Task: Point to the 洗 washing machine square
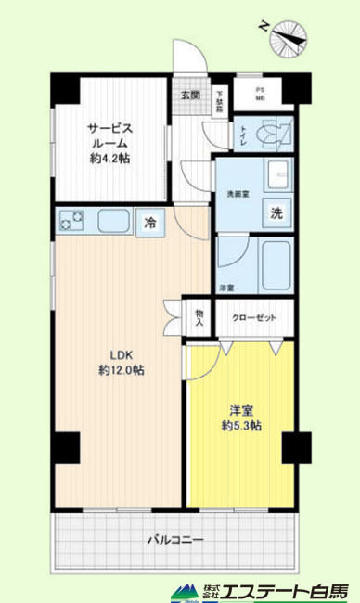pos(276,211)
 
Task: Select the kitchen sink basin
pos(113,222)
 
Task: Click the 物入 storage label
pos(199,317)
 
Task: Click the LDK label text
pos(121,353)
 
